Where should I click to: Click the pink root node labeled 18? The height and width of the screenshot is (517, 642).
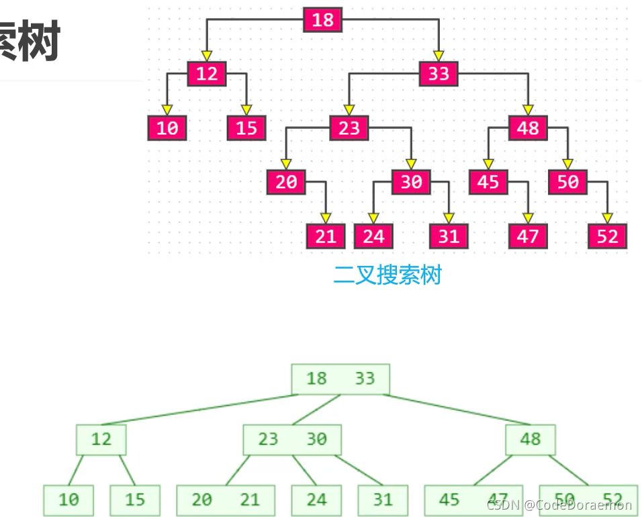pyautogui.click(x=322, y=19)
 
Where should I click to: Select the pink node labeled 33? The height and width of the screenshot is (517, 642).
pyautogui.click(x=439, y=73)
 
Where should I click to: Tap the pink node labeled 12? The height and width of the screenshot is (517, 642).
pyautogui.click(x=206, y=73)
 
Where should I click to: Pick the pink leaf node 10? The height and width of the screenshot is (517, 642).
pyautogui.click(x=167, y=128)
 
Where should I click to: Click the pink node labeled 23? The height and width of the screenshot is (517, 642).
pyautogui.click(x=349, y=128)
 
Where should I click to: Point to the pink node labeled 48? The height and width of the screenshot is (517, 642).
pyautogui.click(x=528, y=128)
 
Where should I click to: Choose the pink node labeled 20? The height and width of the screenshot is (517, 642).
pyautogui.click(x=286, y=182)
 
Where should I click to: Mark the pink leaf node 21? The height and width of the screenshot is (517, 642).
pyautogui.click(x=326, y=236)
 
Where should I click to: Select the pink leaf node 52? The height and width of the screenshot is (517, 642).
pyautogui.click(x=607, y=236)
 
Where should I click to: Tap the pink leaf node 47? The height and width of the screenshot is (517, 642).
pyautogui.click(x=528, y=236)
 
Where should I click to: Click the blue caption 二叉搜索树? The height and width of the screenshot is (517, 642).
pyautogui.click(x=387, y=275)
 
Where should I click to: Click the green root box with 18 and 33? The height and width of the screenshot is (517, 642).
pyautogui.click(x=340, y=379)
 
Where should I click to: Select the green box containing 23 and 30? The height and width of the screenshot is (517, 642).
pyautogui.click(x=292, y=440)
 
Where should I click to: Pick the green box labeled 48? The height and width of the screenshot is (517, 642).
pyautogui.click(x=531, y=440)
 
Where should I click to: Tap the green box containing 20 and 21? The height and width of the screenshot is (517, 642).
pyautogui.click(x=226, y=500)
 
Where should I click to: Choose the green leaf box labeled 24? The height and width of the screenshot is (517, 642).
pyautogui.click(x=316, y=500)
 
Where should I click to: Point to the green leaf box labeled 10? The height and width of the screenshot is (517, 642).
pyautogui.click(x=68, y=500)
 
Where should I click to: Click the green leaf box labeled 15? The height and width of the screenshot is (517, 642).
pyautogui.click(x=135, y=500)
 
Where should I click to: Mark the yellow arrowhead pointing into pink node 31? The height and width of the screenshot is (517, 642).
pyautogui.click(x=449, y=218)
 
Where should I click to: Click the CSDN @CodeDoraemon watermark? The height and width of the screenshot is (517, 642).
pyautogui.click(x=559, y=505)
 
